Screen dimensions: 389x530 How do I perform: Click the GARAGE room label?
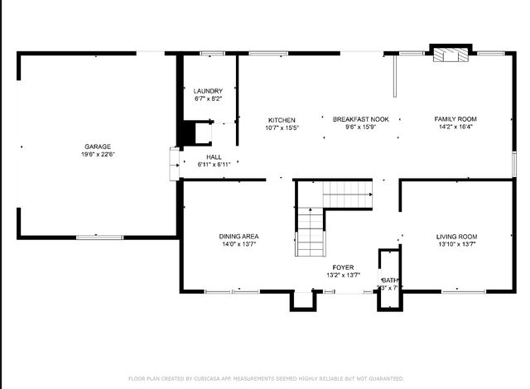[x=98, y=146]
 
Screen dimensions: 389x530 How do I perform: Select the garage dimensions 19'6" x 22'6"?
[x=98, y=155]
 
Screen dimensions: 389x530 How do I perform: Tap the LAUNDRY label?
[x=208, y=91]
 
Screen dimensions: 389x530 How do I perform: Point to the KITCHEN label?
[x=282, y=120]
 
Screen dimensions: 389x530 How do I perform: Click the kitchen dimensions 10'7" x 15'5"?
[x=282, y=128]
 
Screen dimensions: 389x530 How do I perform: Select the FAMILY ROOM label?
[x=456, y=120]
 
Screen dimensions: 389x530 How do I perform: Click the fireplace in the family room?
[x=451, y=55]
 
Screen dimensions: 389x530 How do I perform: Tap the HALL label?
[x=214, y=156]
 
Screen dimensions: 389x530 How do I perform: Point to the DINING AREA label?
[x=239, y=237]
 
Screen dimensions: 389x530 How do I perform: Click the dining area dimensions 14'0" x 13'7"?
[x=239, y=245]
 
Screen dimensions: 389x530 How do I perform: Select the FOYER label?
[x=343, y=267]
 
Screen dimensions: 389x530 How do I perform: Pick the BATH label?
[x=389, y=281]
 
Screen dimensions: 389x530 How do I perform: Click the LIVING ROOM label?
[x=456, y=237]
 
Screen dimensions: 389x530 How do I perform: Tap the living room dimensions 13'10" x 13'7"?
[x=456, y=245]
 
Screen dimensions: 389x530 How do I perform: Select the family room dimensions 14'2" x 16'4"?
[x=456, y=128]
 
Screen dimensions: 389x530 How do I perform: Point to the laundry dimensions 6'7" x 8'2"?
[x=208, y=99]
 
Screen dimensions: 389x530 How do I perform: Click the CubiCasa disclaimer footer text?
[x=265, y=378]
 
